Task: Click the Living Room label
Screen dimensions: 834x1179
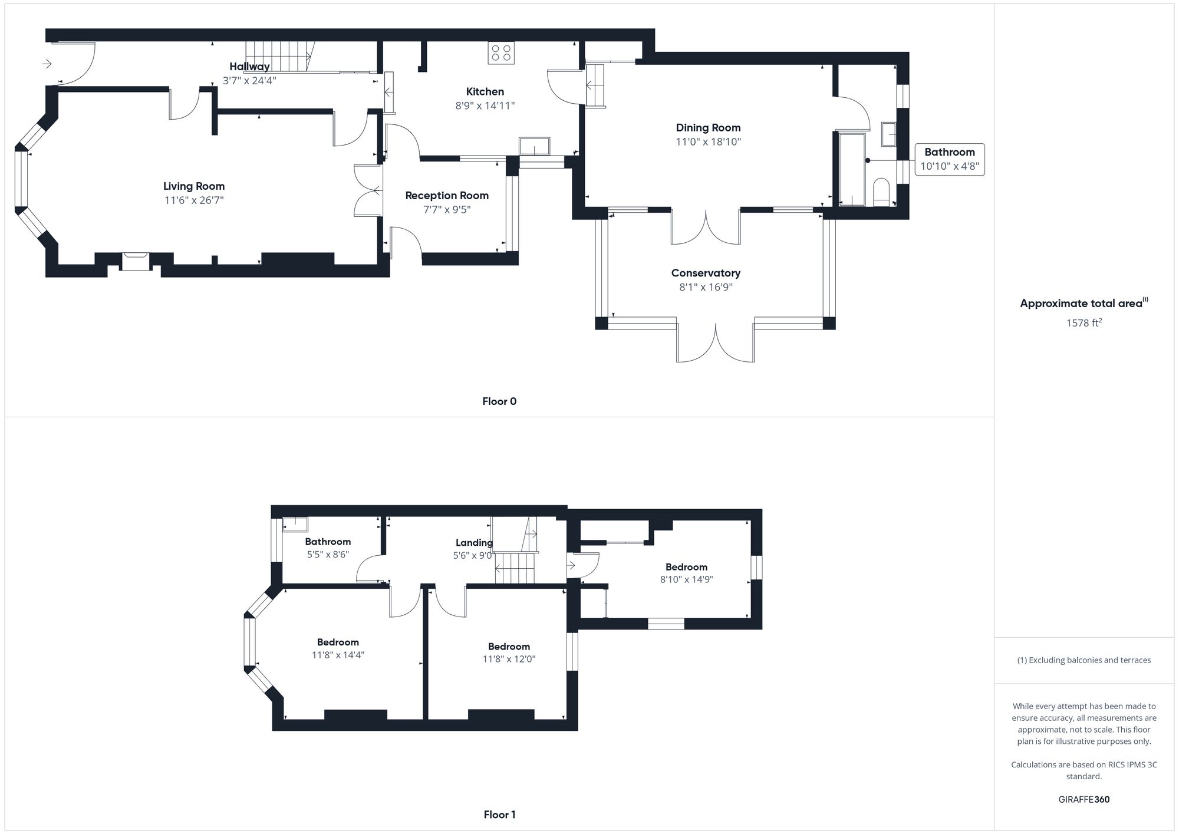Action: [x=194, y=186]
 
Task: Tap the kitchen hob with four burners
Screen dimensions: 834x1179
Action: [x=501, y=53]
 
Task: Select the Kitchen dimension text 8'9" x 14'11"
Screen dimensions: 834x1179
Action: [x=485, y=106]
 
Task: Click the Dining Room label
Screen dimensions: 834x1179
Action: [x=708, y=128]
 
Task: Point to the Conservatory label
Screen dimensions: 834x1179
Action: [x=706, y=273]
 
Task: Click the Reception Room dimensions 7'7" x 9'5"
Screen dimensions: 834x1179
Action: [x=447, y=210]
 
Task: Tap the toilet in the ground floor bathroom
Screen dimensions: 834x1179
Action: [x=881, y=192]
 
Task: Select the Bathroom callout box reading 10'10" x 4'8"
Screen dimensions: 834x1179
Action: [x=949, y=159]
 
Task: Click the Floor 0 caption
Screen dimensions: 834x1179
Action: [x=499, y=401]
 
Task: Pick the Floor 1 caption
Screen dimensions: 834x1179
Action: [x=499, y=815]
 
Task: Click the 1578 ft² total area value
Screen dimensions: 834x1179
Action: [x=1084, y=323]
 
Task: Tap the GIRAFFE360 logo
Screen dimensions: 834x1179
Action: [x=1084, y=800]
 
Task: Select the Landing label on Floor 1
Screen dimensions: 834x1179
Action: [x=474, y=543]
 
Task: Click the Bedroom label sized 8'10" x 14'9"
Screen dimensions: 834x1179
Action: [x=686, y=567]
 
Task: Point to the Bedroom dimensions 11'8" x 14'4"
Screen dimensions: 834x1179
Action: [x=338, y=655]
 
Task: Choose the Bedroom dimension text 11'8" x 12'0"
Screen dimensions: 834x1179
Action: [x=509, y=659]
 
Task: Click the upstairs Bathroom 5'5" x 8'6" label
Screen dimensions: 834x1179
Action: [x=328, y=542]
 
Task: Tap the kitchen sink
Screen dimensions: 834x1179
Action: [x=534, y=146]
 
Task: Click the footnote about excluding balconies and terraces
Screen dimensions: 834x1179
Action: [x=1084, y=660]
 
